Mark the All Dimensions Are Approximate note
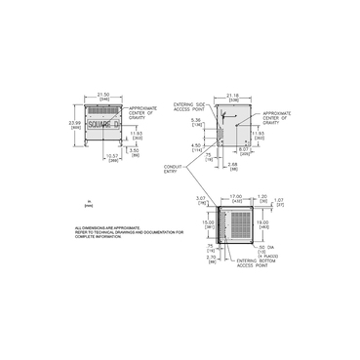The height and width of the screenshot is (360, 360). click(x=123, y=230)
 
